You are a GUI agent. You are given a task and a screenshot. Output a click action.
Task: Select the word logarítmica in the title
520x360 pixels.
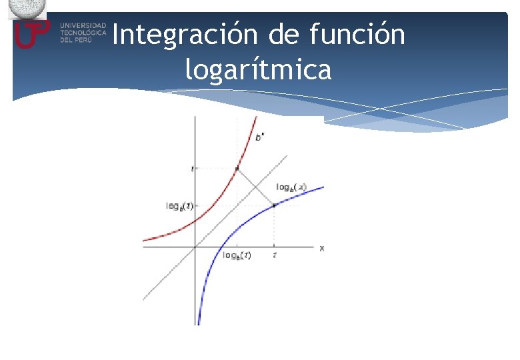pyautogui.click(x=259, y=69)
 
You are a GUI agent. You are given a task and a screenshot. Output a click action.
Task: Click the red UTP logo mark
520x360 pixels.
pyautogui.click(x=31, y=33)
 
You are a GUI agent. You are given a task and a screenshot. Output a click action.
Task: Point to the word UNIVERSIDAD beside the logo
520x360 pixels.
pyautogui.click(x=83, y=25)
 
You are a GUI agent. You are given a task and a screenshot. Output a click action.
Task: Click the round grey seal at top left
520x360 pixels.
pyautogui.click(x=27, y=7)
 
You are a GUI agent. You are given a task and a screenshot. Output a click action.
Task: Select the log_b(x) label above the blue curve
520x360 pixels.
pyautogui.click(x=291, y=187)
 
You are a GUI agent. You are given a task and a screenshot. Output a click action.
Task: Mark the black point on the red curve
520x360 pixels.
pyautogui.click(x=237, y=168)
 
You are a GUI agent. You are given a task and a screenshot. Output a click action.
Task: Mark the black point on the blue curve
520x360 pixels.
pyautogui.click(x=274, y=205)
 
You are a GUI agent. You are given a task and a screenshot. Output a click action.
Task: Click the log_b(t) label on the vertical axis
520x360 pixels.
pyautogui.click(x=179, y=205)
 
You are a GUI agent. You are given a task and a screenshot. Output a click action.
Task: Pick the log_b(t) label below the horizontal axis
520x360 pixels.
pyautogui.click(x=237, y=256)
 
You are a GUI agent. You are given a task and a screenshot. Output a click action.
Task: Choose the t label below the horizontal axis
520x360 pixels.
pyautogui.click(x=274, y=255)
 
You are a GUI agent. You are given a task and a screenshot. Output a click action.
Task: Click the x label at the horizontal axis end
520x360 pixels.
pyautogui.click(x=321, y=248)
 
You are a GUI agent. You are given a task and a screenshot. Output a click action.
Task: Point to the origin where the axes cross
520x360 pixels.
pyautogui.click(x=195, y=247)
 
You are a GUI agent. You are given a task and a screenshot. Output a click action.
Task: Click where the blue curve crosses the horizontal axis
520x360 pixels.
pyautogui.click(x=218, y=247)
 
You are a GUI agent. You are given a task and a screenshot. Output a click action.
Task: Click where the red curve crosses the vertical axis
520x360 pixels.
pyautogui.click(x=195, y=224)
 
